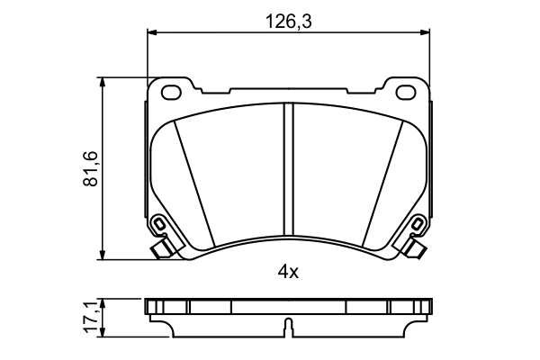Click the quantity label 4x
point(287,269)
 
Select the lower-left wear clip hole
point(159,225)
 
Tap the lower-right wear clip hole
point(416,225)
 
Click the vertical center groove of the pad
point(287,171)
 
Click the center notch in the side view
point(287,327)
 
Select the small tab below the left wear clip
point(161,248)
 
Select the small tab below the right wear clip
point(414,248)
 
